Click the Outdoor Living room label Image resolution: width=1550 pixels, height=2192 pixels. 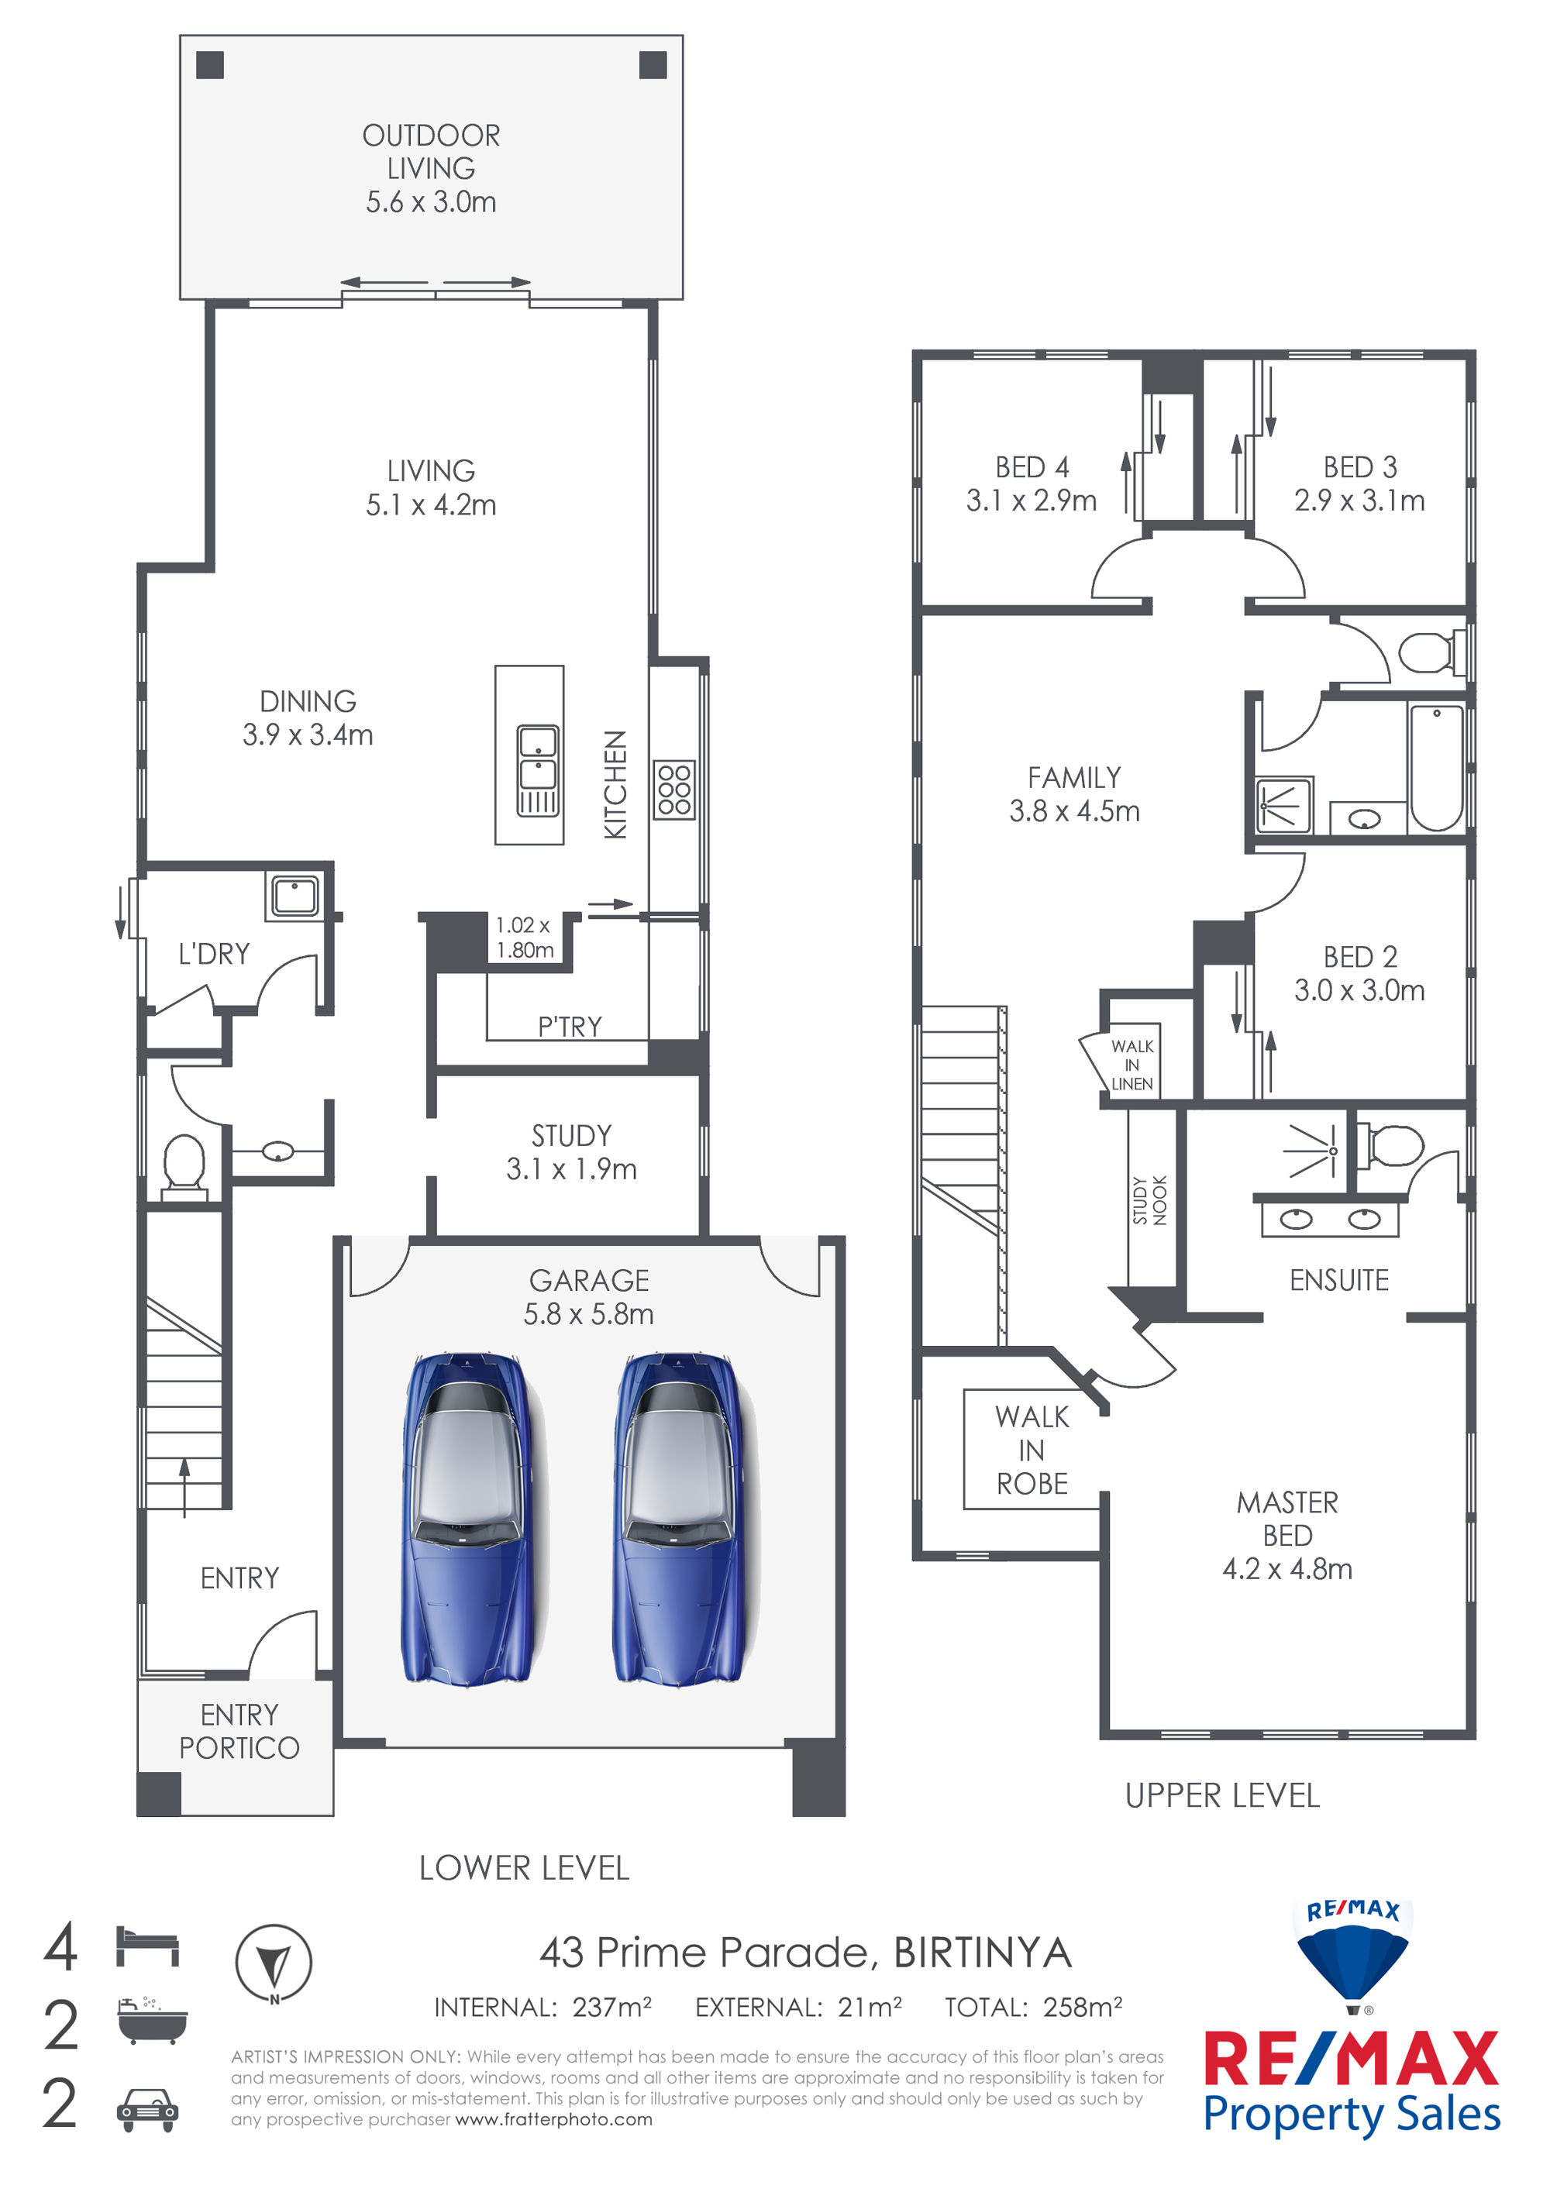click(431, 168)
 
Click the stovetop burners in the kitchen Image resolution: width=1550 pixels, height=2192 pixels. click(674, 790)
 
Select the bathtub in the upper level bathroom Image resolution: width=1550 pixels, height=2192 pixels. click(1436, 768)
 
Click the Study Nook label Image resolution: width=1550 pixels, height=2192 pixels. click(1150, 1200)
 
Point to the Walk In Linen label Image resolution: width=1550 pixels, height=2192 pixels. click(1132, 1065)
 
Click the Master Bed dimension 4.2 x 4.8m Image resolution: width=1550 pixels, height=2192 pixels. click(1287, 1568)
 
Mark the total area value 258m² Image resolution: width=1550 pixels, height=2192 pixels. click(1083, 2007)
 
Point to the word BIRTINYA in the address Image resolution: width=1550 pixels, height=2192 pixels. click(983, 1953)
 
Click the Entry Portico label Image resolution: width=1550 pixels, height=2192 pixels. click(239, 1731)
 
